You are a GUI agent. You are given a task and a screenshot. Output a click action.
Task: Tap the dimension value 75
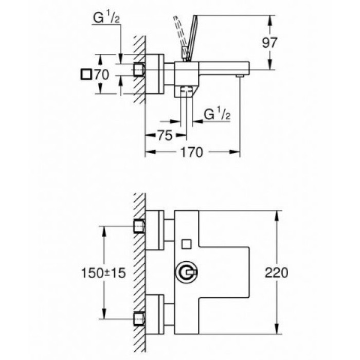164,135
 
